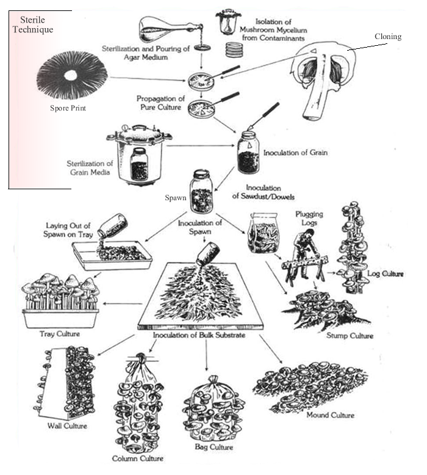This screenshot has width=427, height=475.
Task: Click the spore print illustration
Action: click(x=72, y=76)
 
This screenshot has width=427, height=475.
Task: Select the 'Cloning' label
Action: click(x=388, y=37)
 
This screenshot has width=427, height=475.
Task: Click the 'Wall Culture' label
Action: click(x=66, y=426)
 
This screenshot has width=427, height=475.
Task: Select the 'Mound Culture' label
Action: click(x=333, y=415)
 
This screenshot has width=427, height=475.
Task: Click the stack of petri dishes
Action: click(x=233, y=48)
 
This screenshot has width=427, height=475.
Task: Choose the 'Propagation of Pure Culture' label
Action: click(x=160, y=101)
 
